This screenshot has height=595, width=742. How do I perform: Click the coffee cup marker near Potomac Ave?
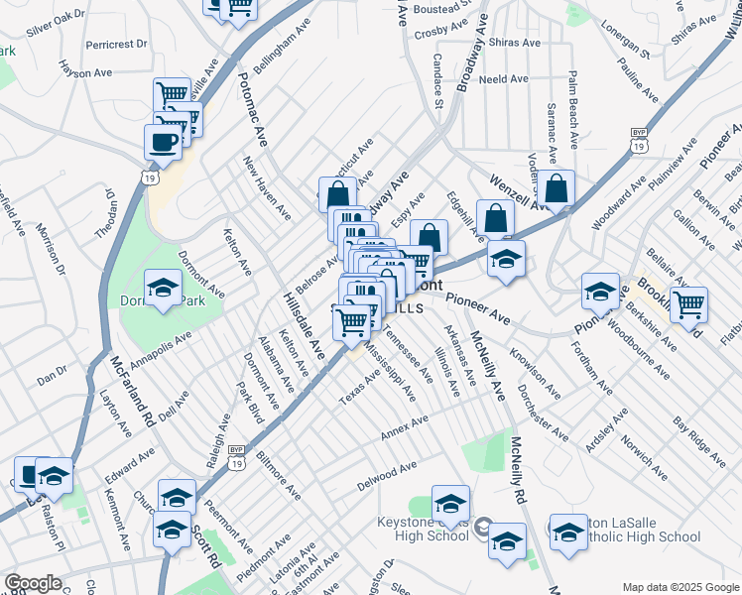coord(163,140)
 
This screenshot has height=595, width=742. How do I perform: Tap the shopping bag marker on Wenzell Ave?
coord(557,187)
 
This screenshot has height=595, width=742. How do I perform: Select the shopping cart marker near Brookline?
coord(688,304)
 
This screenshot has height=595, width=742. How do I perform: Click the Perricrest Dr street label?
coord(116,45)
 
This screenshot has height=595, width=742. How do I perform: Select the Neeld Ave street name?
coord(504,79)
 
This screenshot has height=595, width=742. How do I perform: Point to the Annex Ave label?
coord(405,428)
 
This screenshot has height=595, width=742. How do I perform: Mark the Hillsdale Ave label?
coord(304,326)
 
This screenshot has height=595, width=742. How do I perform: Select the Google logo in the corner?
coord(32,583)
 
